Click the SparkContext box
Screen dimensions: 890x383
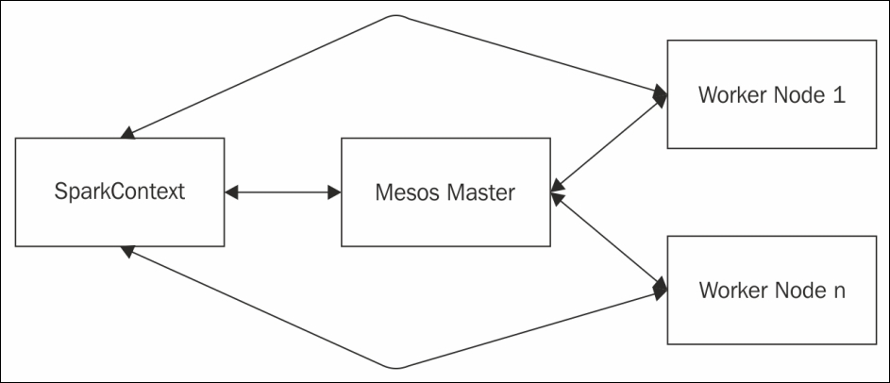(120, 191)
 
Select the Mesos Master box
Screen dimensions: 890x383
(445, 191)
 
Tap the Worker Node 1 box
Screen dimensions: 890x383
(772, 94)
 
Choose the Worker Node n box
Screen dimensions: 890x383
(772, 290)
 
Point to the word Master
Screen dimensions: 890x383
(480, 192)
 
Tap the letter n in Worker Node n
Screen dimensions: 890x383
(838, 292)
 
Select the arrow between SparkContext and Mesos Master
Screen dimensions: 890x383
(282, 192)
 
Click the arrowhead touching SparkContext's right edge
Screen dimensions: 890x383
(231, 192)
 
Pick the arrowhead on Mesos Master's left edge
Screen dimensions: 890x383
(334, 192)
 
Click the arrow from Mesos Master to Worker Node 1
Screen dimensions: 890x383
(609, 146)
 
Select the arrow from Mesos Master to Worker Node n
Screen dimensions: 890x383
(609, 241)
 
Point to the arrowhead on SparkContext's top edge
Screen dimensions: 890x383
(127, 133)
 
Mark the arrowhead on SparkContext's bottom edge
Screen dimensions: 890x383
(127, 251)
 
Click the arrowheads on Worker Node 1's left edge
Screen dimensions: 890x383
(660, 95)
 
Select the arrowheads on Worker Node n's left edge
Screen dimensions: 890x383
(660, 289)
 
